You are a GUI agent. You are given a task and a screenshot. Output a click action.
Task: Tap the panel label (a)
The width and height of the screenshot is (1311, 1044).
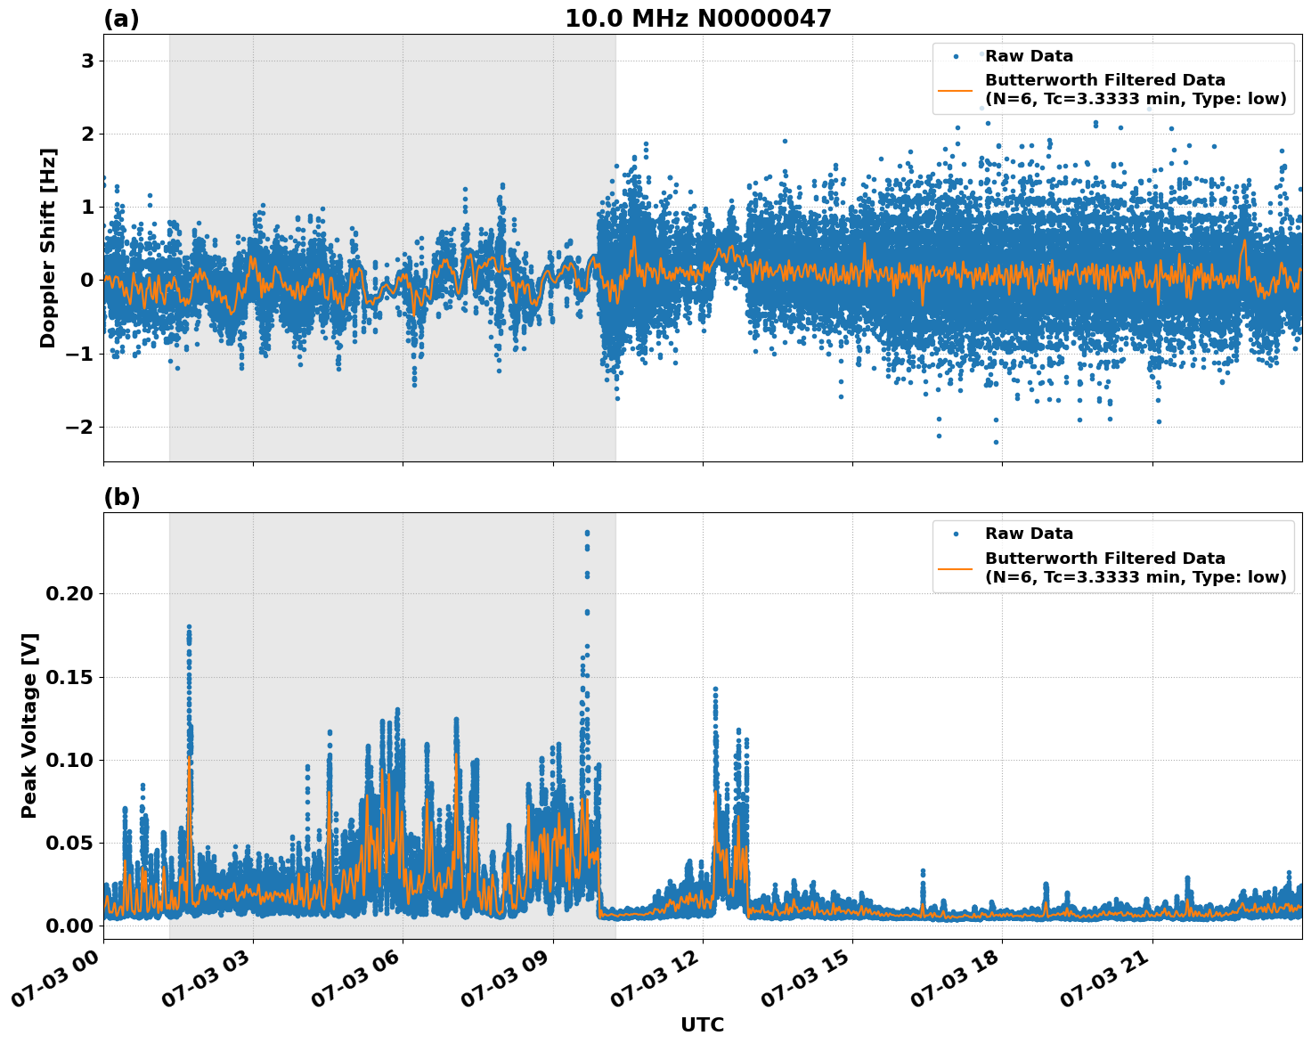click(x=121, y=19)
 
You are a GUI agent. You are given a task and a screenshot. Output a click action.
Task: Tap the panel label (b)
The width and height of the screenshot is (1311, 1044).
click(x=121, y=497)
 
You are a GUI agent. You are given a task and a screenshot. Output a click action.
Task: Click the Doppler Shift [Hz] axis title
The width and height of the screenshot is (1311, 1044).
click(x=48, y=248)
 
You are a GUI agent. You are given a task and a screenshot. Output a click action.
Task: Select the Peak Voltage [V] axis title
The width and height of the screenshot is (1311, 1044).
click(x=29, y=725)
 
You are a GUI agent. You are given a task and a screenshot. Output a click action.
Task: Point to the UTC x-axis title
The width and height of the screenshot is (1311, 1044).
click(x=702, y=1024)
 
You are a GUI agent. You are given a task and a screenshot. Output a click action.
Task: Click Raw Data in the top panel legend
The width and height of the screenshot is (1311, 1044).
click(x=1029, y=56)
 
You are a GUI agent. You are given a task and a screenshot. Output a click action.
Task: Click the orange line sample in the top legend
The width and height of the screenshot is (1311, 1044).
click(x=956, y=90)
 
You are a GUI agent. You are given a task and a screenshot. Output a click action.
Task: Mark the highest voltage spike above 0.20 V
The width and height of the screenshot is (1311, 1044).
click(x=587, y=533)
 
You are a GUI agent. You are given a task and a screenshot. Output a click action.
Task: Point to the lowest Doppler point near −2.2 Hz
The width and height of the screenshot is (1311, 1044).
click(x=996, y=442)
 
